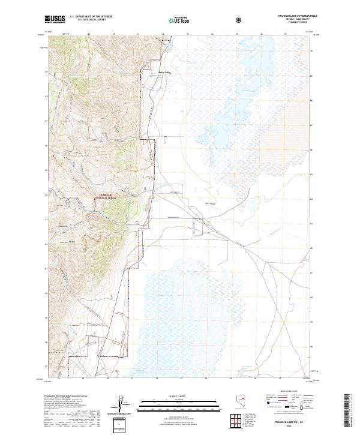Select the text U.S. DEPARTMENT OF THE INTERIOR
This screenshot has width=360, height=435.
91,17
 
